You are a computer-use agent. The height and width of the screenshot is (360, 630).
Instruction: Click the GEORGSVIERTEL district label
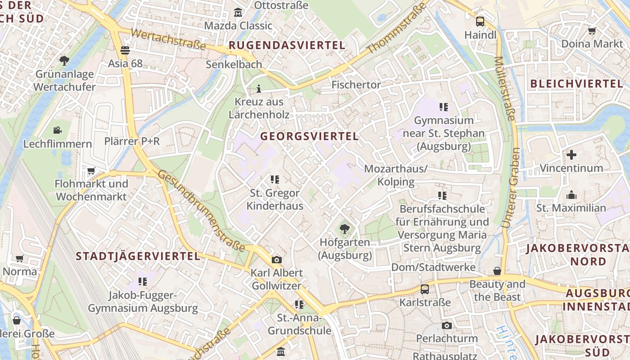pyautogui.click(x=310, y=136)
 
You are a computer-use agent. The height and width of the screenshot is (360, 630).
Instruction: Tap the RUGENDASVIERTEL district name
pyautogui.click(x=287, y=45)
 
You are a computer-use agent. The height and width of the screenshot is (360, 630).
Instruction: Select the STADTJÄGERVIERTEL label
pyautogui.click(x=138, y=256)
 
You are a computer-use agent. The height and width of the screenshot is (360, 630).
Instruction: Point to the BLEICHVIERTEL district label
pyautogui.click(x=576, y=84)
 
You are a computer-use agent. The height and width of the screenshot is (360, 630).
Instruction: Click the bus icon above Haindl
pyautogui.click(x=480, y=21)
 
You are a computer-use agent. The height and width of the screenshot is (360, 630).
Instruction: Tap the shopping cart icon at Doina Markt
pyautogui.click(x=592, y=31)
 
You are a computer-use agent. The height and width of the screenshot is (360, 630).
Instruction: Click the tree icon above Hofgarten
pyautogui.click(x=345, y=229)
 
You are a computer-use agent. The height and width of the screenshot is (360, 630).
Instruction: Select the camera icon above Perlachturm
pyautogui.click(x=446, y=325)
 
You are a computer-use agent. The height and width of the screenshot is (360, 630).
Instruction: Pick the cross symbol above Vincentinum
pyautogui.click(x=571, y=155)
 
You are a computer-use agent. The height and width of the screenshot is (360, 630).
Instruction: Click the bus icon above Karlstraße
pyautogui.click(x=425, y=289)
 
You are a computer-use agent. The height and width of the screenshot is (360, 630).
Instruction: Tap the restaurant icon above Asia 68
pyautogui.click(x=125, y=50)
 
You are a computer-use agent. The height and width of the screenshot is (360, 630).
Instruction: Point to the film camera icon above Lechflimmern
pyautogui.click(x=57, y=130)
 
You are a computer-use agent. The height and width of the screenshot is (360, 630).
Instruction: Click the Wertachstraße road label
pyautogui.click(x=168, y=40)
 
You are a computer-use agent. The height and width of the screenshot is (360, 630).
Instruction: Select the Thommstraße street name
pyautogui.click(x=396, y=28)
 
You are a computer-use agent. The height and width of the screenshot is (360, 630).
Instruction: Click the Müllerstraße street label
pyautogui.click(x=505, y=88)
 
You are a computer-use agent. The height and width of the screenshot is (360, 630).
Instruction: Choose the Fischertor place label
pyautogui.click(x=356, y=85)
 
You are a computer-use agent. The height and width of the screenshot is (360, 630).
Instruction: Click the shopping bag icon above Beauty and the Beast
pyautogui.click(x=497, y=271)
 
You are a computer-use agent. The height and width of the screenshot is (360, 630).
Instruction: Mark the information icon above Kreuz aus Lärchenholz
pyautogui.click(x=259, y=88)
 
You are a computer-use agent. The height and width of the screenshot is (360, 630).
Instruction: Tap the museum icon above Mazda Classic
pyautogui.click(x=238, y=12)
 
